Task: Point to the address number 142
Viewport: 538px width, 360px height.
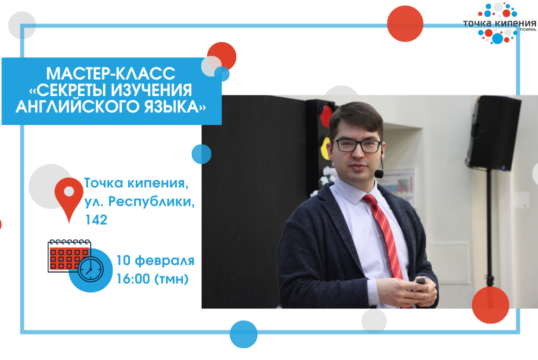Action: click(96, 220)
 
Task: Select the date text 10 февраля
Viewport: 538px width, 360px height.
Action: click(155, 260)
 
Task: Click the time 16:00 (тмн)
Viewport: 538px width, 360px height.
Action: click(152, 278)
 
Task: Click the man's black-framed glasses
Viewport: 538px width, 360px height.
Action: click(357, 146)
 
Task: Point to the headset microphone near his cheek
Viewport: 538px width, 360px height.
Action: click(379, 173)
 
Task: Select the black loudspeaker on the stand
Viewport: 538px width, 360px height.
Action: click(494, 133)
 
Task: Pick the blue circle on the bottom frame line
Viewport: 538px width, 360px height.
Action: click(243, 334)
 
